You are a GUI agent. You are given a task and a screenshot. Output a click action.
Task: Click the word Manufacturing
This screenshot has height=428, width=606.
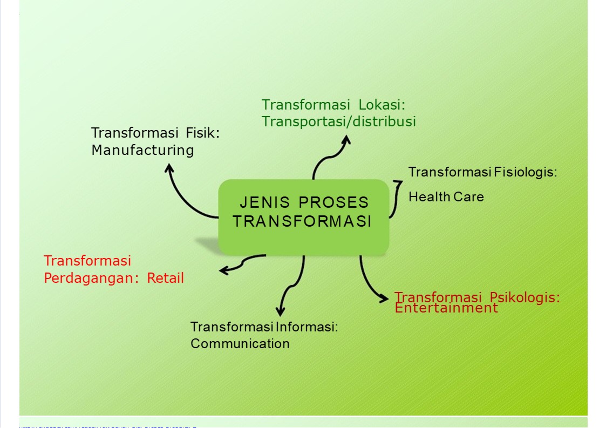pyautogui.click(x=142, y=150)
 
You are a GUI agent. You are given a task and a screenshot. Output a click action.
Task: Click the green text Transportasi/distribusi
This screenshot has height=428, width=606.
pyautogui.click(x=338, y=121)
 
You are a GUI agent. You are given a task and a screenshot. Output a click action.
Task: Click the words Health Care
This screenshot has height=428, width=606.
pyautogui.click(x=446, y=197)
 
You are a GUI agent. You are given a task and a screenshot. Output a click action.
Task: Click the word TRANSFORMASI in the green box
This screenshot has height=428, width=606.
pyautogui.click(x=303, y=222)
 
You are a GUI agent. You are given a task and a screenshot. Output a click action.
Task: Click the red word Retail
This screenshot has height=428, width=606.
pyautogui.click(x=166, y=278)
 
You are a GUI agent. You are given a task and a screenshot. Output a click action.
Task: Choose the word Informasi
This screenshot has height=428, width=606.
pyautogui.click(x=307, y=327)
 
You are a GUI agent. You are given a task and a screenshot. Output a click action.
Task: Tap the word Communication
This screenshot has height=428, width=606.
pyautogui.click(x=240, y=344)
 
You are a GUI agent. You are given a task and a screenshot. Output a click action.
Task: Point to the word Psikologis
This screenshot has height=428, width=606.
pyautogui.click(x=525, y=297)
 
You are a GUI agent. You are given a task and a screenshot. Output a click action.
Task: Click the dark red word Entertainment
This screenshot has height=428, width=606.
pyautogui.click(x=446, y=308)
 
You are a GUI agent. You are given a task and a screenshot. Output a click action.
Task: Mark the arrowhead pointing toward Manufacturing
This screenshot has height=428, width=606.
pyautogui.click(x=169, y=168)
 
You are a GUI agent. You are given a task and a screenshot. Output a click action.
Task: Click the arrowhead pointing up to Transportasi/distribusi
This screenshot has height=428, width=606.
pyautogui.click(x=346, y=139)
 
